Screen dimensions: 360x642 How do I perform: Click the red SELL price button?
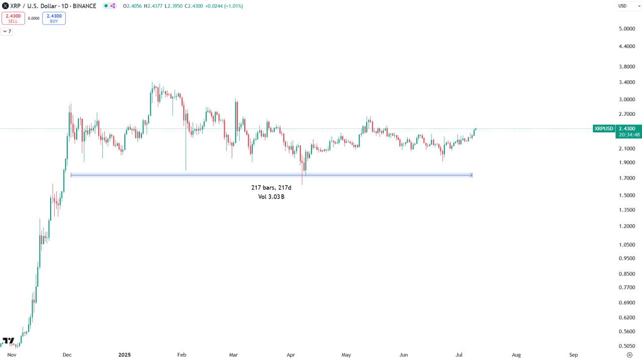tap(13, 18)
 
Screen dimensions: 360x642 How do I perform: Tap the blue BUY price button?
tap(54, 18)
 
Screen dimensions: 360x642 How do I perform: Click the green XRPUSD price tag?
tap(604, 129)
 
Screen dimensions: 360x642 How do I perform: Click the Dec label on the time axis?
tap(67, 355)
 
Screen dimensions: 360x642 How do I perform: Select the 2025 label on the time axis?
tap(124, 355)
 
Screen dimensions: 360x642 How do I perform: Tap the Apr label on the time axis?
tap(290, 355)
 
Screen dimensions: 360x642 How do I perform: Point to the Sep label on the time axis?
tap(574, 355)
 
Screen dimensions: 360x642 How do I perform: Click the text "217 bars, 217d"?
tap(271, 188)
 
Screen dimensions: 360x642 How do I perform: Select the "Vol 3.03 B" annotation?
tap(271, 197)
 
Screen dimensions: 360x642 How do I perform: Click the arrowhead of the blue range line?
tap(471, 175)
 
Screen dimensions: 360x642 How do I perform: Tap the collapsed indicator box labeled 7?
tap(7, 31)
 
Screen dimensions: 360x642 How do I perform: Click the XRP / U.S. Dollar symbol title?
tap(53, 6)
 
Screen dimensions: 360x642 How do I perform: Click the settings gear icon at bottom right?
tap(629, 355)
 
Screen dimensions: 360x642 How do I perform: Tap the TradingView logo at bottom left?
tap(8, 341)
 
